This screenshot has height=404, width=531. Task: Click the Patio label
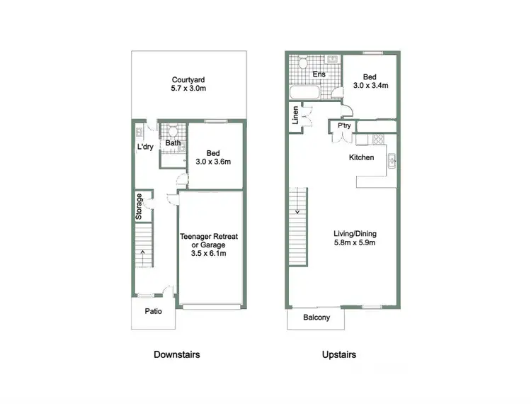(x=153, y=311)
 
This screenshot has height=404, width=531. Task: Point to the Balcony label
(x=316, y=318)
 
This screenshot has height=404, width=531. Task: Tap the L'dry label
(x=145, y=147)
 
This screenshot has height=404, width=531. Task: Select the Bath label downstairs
(x=173, y=143)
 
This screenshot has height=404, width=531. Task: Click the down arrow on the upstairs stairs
(x=298, y=211)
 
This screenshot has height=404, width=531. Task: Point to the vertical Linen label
(x=295, y=117)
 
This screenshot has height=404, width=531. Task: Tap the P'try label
(x=344, y=126)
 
